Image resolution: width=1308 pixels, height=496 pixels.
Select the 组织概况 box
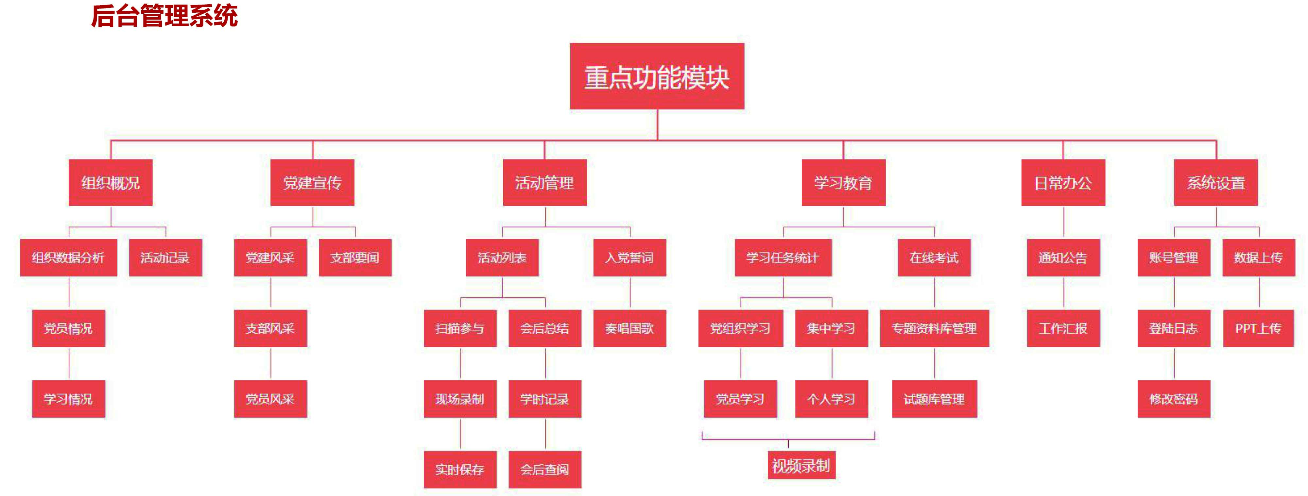click(110, 183)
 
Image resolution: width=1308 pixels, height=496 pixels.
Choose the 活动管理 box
click(544, 183)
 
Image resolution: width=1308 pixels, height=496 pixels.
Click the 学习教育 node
click(843, 183)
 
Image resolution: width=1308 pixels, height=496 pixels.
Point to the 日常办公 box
click(1063, 183)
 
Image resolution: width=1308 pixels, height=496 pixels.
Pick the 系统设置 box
click(1215, 183)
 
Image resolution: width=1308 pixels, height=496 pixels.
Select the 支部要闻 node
click(355, 257)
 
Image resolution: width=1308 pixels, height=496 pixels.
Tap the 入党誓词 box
click(629, 257)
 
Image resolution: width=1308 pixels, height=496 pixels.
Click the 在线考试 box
click(934, 257)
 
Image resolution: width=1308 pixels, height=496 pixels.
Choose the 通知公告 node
click(1063, 257)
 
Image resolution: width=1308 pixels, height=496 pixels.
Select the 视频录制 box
click(801, 465)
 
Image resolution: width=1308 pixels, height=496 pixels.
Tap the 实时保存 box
click(459, 470)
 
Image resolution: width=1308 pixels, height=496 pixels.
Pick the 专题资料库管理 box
click(934, 328)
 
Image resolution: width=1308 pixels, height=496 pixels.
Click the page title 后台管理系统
click(164, 15)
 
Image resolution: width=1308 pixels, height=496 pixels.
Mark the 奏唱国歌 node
click(629, 328)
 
